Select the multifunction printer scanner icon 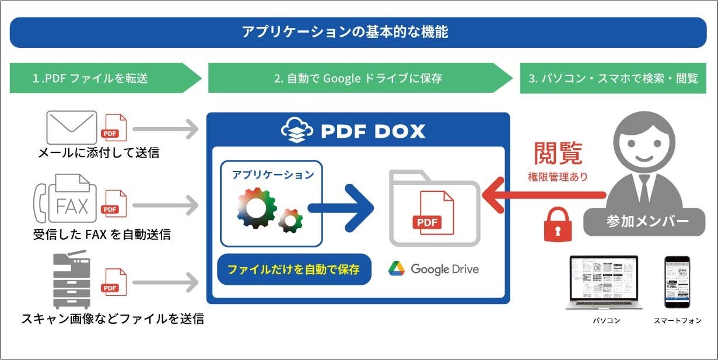tap(72, 280)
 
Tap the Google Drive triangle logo tap(397, 268)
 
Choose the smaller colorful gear tap(290, 221)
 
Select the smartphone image tap(677, 282)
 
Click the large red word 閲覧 tap(558, 153)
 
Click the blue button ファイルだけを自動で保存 tap(293, 270)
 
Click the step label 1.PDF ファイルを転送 tap(90, 78)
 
